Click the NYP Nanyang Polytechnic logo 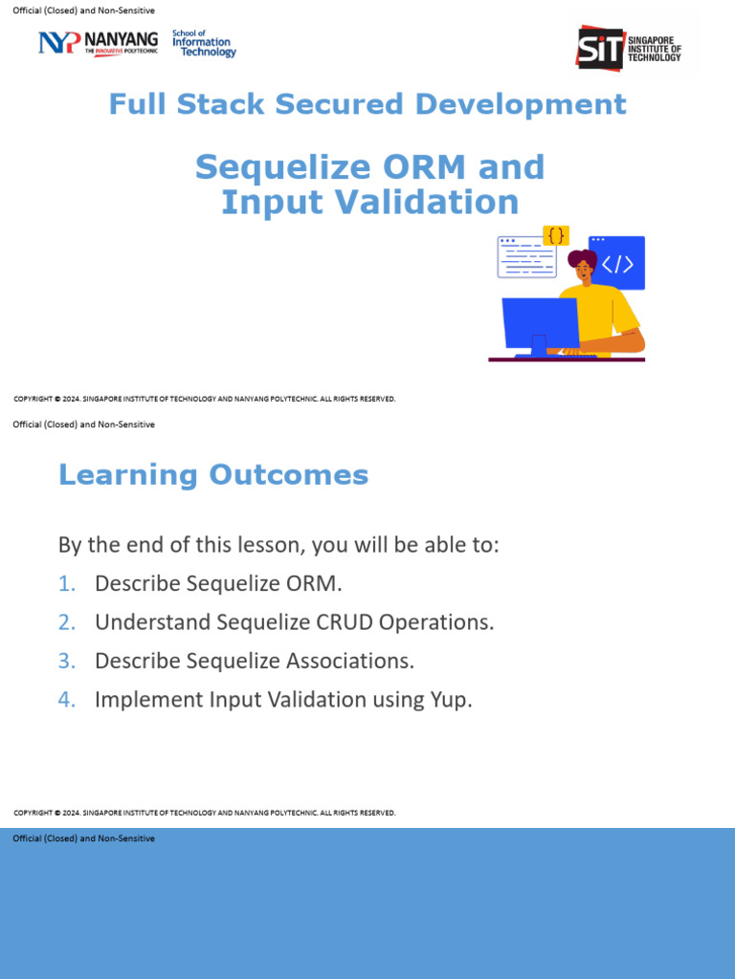tap(98, 43)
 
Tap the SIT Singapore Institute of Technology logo tap(629, 47)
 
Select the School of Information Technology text tap(203, 43)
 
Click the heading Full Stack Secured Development tap(367, 104)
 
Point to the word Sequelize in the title tap(276, 167)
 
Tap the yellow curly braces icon tap(556, 235)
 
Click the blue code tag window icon tap(616, 263)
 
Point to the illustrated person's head tap(583, 266)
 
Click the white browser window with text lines tap(525, 257)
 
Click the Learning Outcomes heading tap(213, 475)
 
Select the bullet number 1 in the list tap(65, 583)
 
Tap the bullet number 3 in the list tap(65, 661)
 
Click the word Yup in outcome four tap(450, 700)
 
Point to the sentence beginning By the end tap(278, 545)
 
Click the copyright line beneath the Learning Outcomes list tap(205, 813)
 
